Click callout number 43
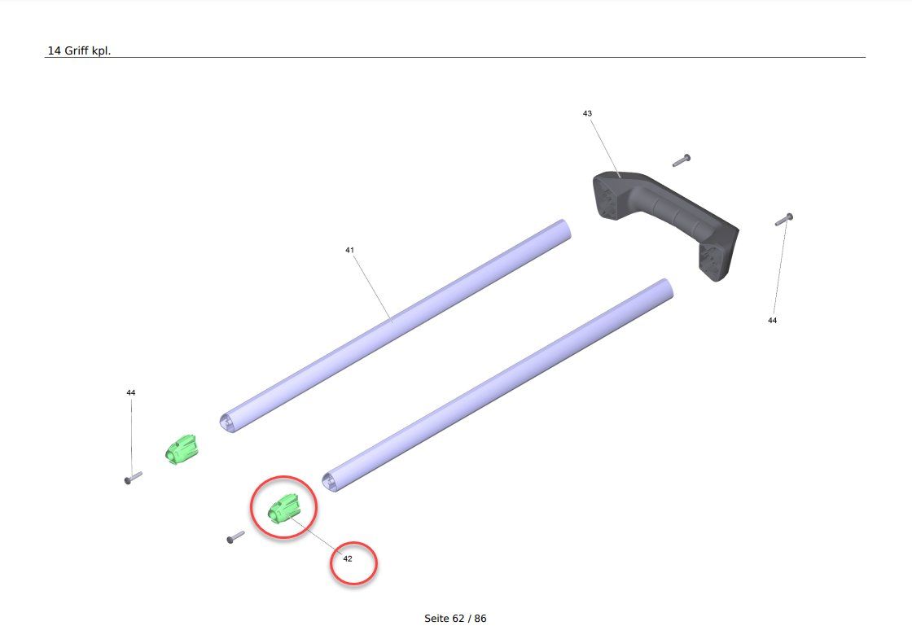587,113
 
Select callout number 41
349,250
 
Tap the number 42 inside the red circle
348,558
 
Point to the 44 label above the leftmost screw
131,392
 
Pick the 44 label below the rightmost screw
773,321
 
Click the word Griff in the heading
77,50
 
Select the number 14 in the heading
54,50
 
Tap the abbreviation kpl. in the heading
101,51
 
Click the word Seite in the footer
436,619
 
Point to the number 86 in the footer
480,619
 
